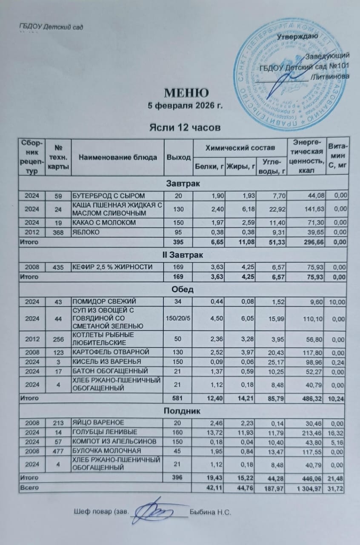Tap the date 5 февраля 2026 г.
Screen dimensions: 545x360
pos(186,106)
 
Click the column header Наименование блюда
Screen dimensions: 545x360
pos(117,158)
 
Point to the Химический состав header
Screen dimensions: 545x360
pos(240,148)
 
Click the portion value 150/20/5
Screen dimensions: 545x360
pos(178,317)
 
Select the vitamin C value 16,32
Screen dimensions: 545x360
pos(337,432)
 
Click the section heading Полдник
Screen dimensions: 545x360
pos(183,411)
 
